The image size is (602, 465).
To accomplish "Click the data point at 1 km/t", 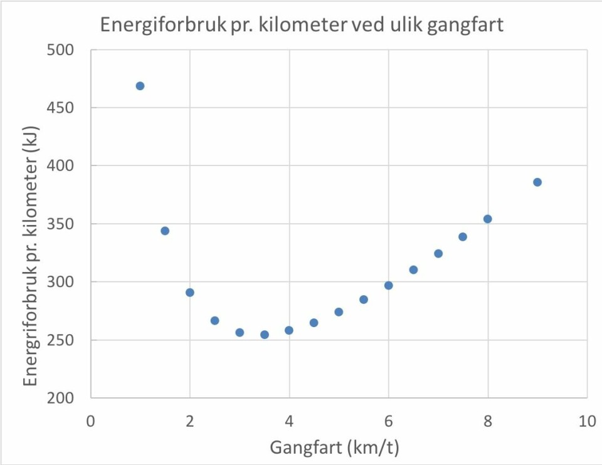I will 140,86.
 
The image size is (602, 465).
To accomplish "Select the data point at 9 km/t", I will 537,182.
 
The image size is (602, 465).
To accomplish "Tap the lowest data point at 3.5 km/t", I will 265,335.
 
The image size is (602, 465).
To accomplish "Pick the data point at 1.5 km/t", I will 165,231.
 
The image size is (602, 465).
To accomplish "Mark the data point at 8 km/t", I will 488,219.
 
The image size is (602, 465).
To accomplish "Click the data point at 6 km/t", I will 389,285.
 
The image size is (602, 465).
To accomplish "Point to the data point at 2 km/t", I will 190,292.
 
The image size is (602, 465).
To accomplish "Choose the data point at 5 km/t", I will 339,311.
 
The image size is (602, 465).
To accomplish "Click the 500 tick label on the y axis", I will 61,50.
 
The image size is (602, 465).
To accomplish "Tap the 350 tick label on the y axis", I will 61,224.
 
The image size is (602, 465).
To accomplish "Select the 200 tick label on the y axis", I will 61,399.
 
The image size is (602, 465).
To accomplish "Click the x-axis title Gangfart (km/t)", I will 335,448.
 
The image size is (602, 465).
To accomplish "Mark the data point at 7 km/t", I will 438,254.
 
